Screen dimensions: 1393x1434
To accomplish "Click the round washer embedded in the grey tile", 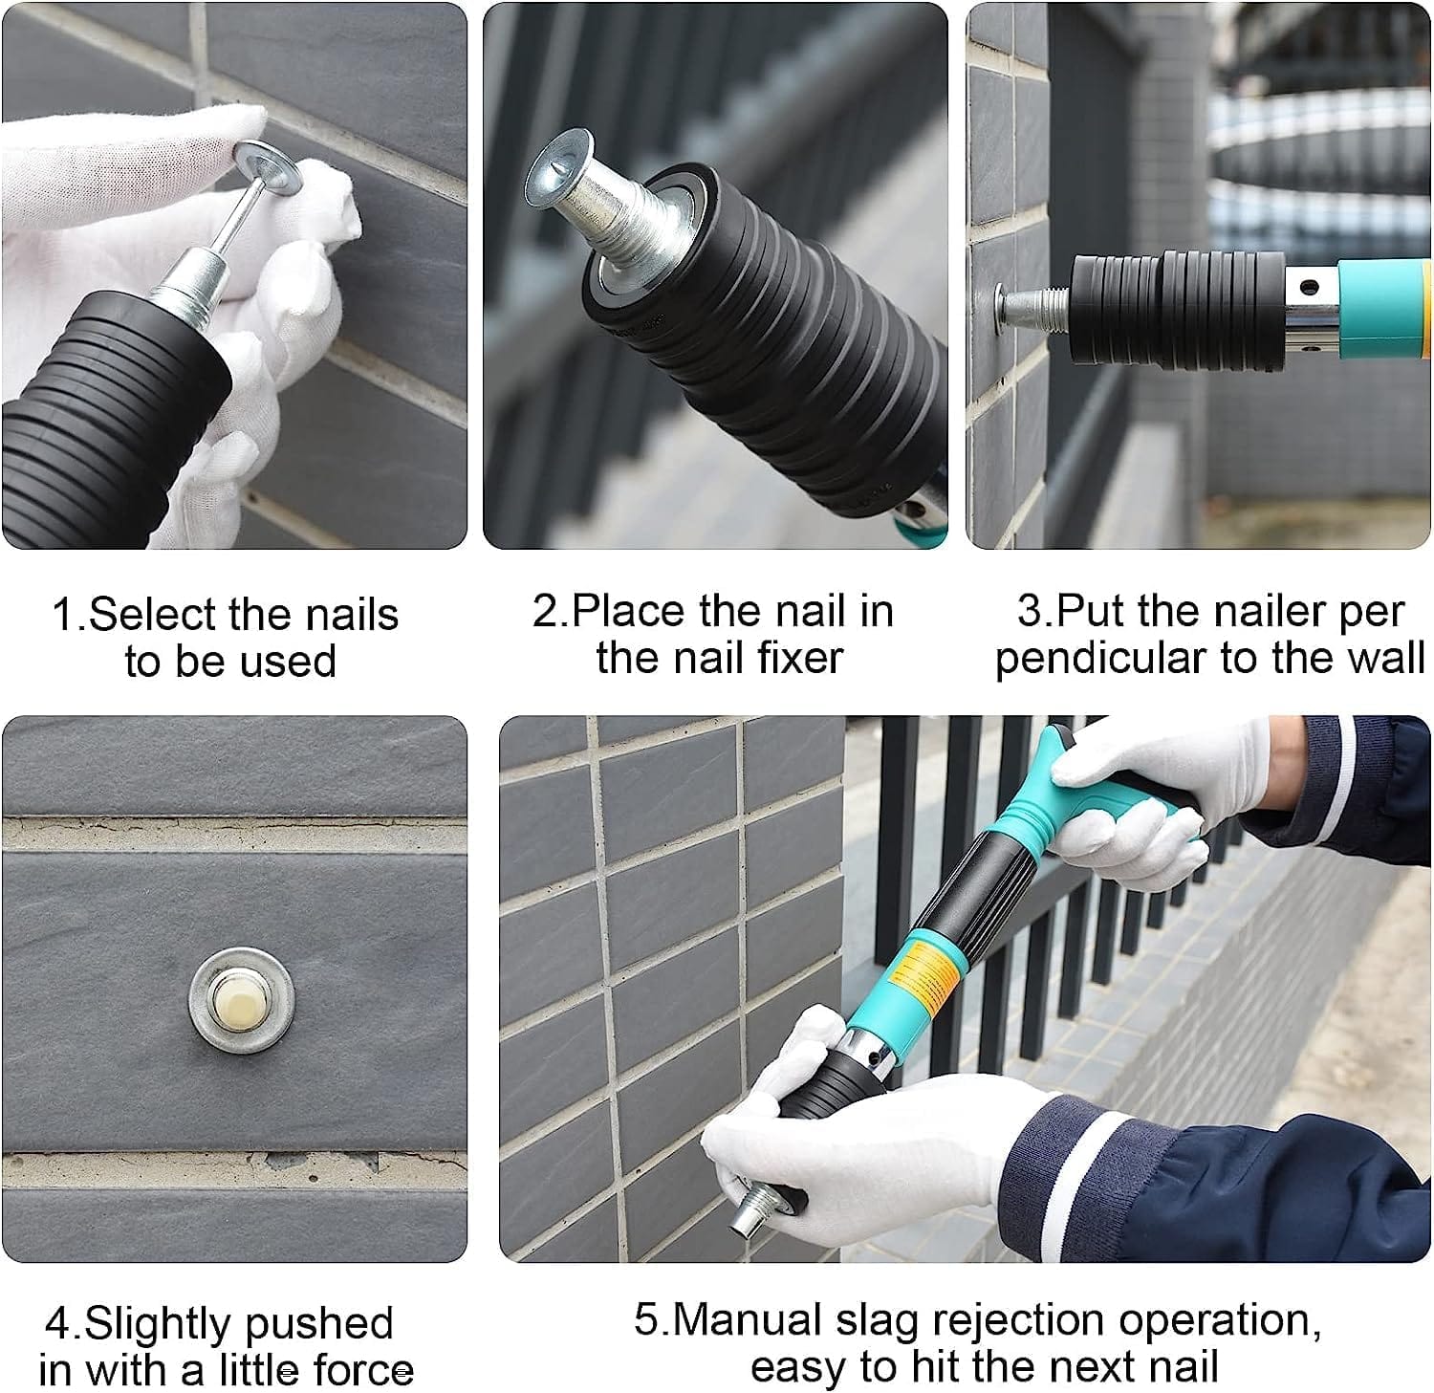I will pos(241,999).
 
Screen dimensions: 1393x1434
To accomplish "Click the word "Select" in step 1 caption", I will pos(148,614).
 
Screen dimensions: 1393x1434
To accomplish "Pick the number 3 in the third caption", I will pos(1031,612).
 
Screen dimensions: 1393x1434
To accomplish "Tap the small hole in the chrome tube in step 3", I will pos(1307,285).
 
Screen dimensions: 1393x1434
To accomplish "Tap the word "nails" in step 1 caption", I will pos(350,614).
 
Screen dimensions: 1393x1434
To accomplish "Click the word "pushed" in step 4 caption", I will pos(315,1323).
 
